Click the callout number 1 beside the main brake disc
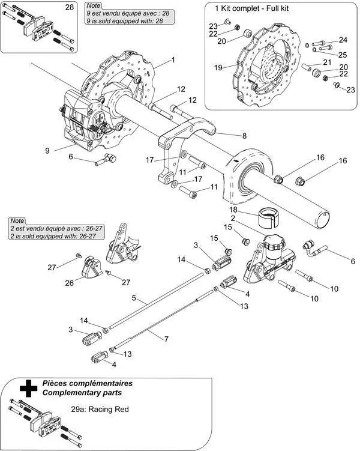coord(173,60)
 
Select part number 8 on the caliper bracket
coord(227,136)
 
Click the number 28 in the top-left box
coord(70,7)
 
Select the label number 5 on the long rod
coord(136,297)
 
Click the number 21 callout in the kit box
coord(327,62)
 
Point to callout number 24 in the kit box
coord(343,40)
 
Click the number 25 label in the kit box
coord(343,55)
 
